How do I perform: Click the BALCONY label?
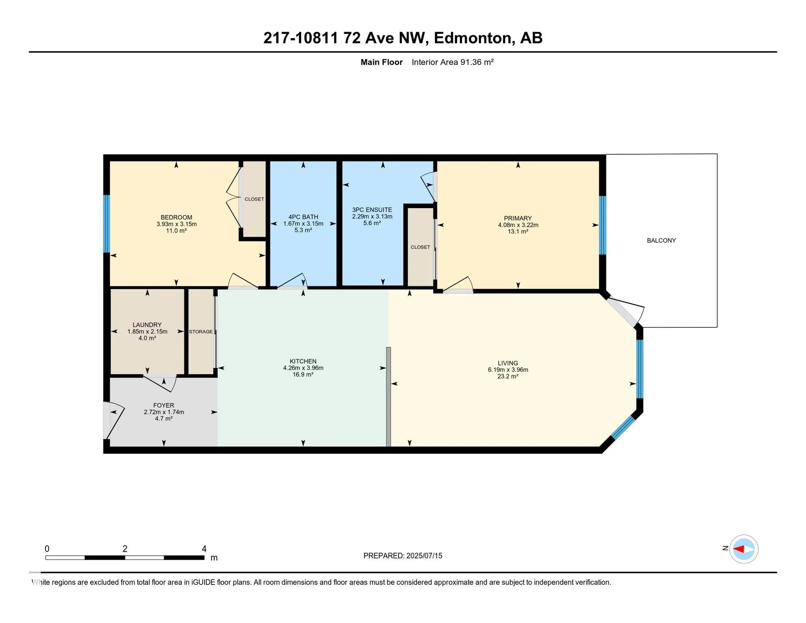pyautogui.click(x=661, y=241)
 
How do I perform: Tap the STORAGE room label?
pyautogui.click(x=201, y=332)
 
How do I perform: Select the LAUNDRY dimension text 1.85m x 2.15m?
pyautogui.click(x=147, y=331)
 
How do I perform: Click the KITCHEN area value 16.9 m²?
pyautogui.click(x=303, y=374)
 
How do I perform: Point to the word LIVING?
pyautogui.click(x=508, y=363)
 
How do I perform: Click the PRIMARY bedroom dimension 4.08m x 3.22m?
pyautogui.click(x=518, y=225)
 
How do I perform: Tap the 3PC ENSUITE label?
pyautogui.click(x=372, y=210)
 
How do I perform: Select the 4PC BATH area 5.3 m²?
pyautogui.click(x=303, y=230)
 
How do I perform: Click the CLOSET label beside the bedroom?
pyautogui.click(x=254, y=199)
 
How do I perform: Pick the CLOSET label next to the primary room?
pyautogui.click(x=420, y=247)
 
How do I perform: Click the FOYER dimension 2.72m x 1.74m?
pyautogui.click(x=164, y=412)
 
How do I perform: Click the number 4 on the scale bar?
pyautogui.click(x=204, y=549)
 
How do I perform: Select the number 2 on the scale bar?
pyautogui.click(x=125, y=549)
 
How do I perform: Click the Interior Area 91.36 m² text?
pyautogui.click(x=452, y=62)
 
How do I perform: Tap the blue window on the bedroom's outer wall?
pyautogui.click(x=107, y=224)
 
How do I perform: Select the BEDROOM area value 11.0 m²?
pyautogui.click(x=176, y=230)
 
